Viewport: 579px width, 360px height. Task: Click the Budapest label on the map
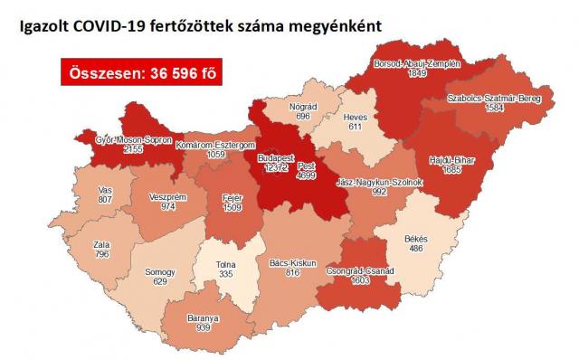click(x=275, y=159)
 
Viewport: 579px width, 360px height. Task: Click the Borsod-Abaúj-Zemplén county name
click(x=417, y=64)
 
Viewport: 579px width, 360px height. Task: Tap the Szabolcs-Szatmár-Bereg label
click(x=494, y=98)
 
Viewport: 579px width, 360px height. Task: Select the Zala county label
click(x=101, y=244)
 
